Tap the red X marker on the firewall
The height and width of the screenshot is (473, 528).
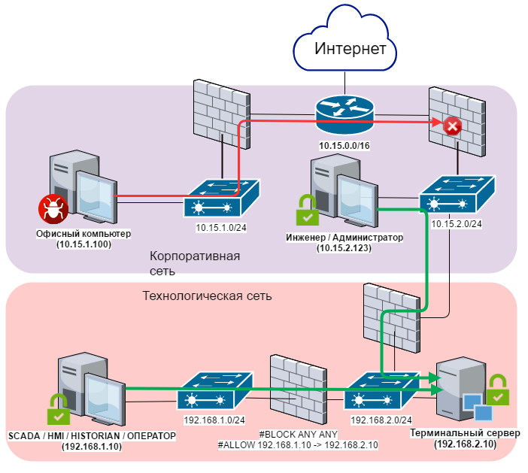coord(452,126)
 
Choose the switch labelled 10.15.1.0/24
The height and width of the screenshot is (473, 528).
coord(222,200)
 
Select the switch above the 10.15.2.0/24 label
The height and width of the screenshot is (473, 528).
coord(457,196)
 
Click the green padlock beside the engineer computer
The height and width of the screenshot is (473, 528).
coord(306,211)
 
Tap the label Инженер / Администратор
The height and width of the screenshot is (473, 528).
coord(344,238)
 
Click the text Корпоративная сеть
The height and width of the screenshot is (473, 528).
coord(194,262)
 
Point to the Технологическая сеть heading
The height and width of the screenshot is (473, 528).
coord(207,296)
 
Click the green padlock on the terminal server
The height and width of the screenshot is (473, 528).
coord(498,392)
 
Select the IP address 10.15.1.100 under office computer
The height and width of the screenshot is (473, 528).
coord(83,244)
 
